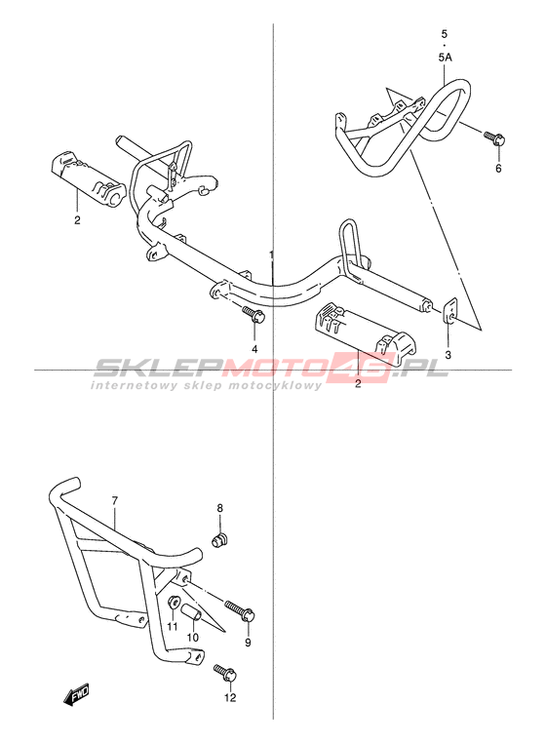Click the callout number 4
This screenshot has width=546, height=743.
pyautogui.click(x=254, y=349)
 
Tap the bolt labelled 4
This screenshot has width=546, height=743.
pyautogui.click(x=253, y=315)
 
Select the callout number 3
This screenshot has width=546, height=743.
pyautogui.click(x=448, y=355)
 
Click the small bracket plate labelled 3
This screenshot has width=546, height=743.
pyautogui.click(x=450, y=310)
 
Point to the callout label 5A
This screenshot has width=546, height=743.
pyautogui.click(x=445, y=58)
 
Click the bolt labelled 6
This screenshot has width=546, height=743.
pyautogui.click(x=494, y=137)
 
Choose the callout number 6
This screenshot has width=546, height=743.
pyautogui.click(x=498, y=168)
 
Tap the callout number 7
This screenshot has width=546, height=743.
pyautogui.click(x=115, y=500)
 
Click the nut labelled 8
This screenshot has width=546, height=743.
pyautogui.click(x=219, y=540)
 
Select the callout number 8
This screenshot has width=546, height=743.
pyautogui.click(x=220, y=508)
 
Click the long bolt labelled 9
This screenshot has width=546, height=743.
pyautogui.click(x=240, y=610)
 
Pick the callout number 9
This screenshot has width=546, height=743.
pyautogui.click(x=248, y=642)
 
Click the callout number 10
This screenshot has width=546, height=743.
pyautogui.click(x=192, y=638)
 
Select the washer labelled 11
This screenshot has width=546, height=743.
pyautogui.click(x=173, y=604)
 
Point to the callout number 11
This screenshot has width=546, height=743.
pyautogui.click(x=172, y=627)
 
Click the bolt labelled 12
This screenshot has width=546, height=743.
pyautogui.click(x=225, y=674)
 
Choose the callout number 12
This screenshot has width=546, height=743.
pyautogui.click(x=230, y=698)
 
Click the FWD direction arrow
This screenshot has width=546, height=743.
pyautogui.click(x=75, y=695)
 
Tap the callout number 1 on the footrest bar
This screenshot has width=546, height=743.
pyautogui.click(x=272, y=254)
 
